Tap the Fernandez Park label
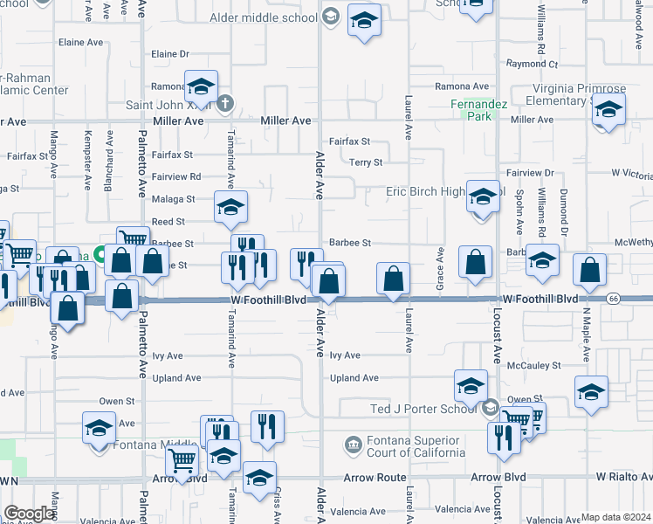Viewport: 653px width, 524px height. coord(474,110)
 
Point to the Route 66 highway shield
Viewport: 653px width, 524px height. coord(614,300)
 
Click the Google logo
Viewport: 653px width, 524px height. coord(29,514)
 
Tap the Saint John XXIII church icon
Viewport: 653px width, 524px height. coord(224,104)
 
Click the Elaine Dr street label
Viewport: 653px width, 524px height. coord(170,54)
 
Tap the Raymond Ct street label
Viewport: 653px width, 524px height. coord(532,65)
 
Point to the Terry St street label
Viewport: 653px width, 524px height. coord(366,162)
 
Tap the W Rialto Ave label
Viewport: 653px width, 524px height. coord(624,477)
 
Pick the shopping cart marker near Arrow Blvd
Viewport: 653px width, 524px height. coord(182,460)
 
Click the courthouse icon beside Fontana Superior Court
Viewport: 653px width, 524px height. coord(353,445)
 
